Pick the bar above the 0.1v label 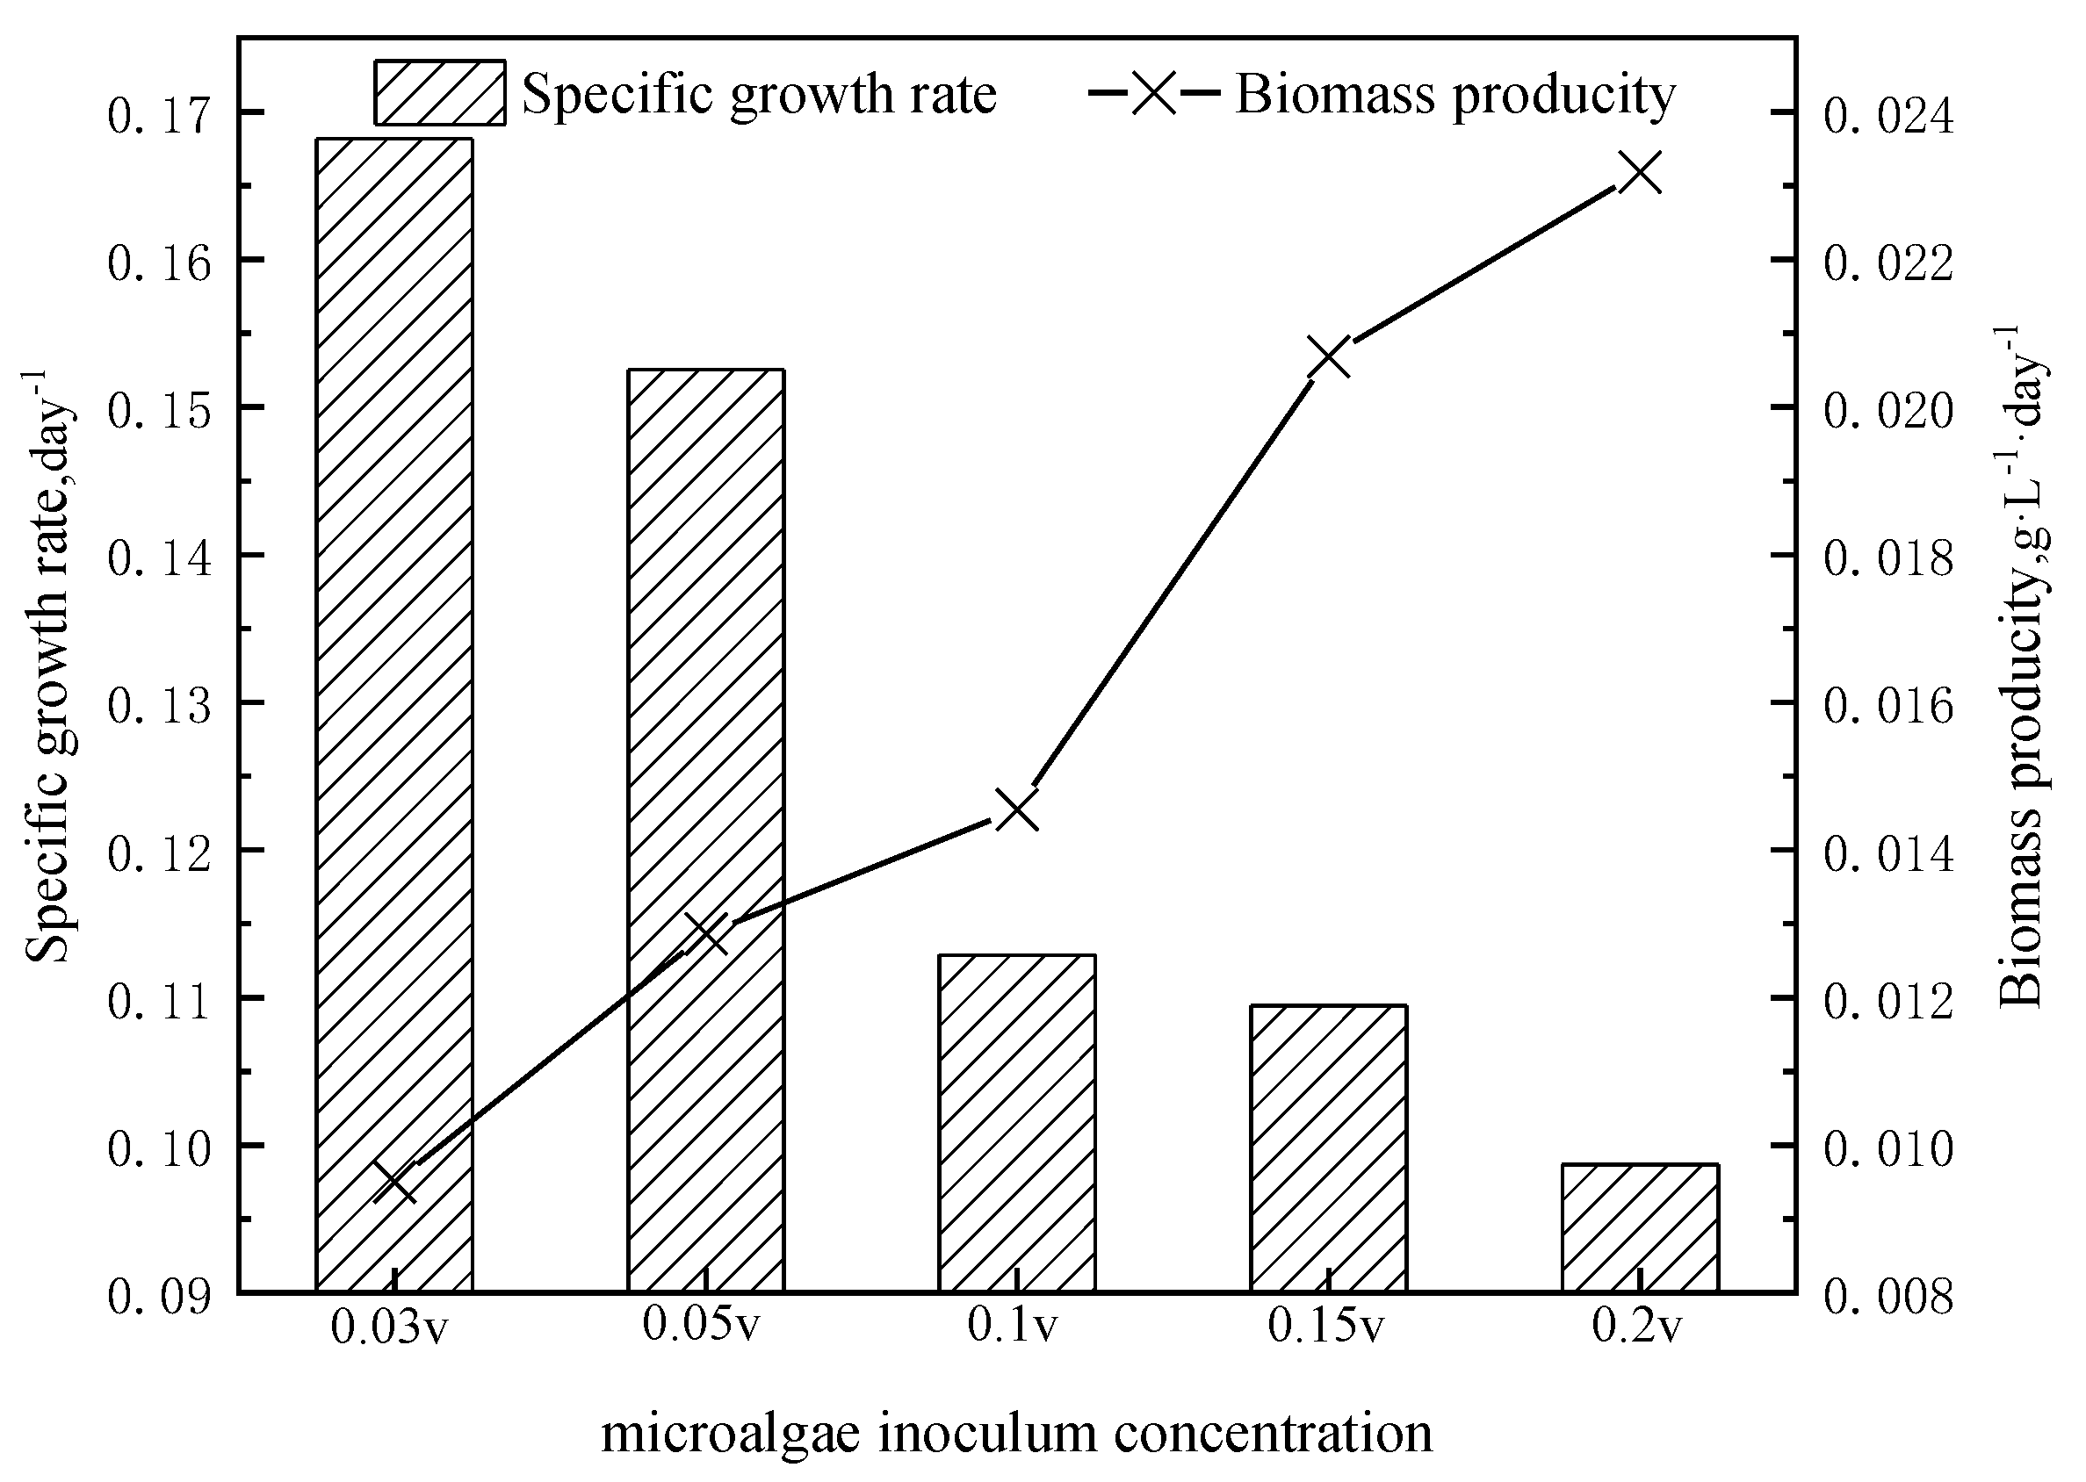(x=1017, y=1121)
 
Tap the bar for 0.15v (x=1328, y=1147)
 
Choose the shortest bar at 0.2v (x=1640, y=1227)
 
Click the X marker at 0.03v (x=395, y=1183)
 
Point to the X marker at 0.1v (x=1017, y=810)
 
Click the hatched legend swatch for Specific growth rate (x=439, y=92)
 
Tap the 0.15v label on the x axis (x=1325, y=1327)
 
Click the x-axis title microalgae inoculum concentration (x=1017, y=1434)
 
